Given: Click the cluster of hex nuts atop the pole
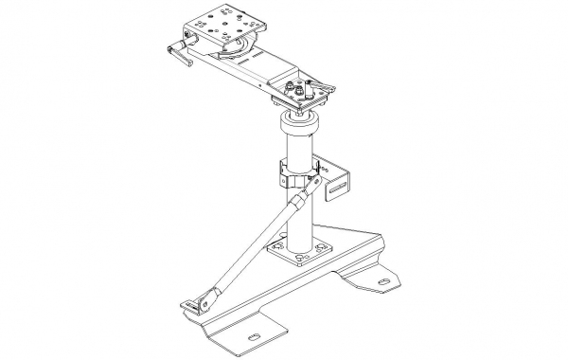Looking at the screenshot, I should (301, 89).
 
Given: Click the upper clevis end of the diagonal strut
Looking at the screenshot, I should (301, 197).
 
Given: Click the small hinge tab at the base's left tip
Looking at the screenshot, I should (195, 305).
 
